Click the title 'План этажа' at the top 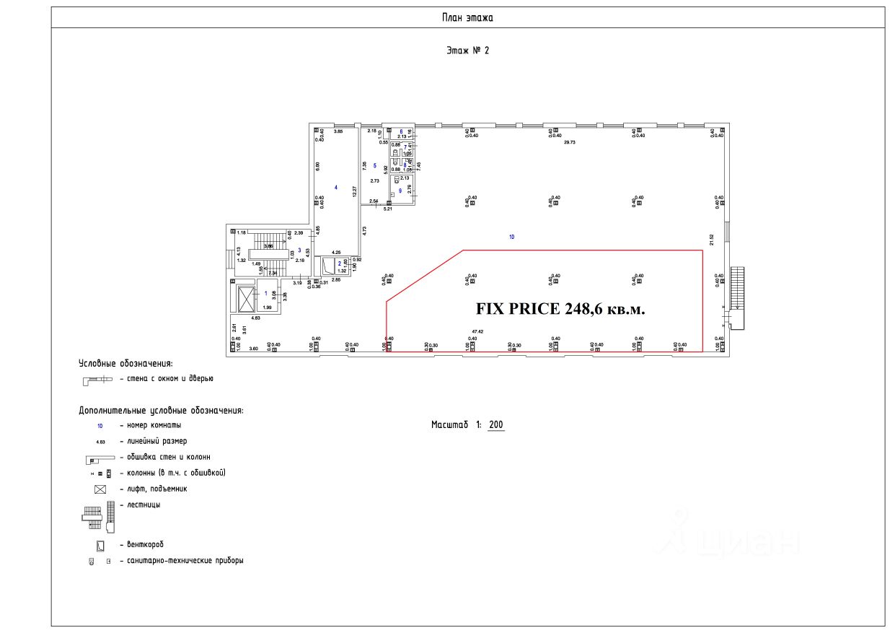point(467,18)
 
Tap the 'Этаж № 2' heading point(468,51)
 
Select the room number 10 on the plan point(511,236)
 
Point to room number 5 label point(375,167)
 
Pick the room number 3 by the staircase point(299,250)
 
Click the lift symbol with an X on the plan point(247,298)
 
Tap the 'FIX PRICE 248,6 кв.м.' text point(560,309)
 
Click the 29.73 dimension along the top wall point(570,143)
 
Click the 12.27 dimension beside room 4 point(353,192)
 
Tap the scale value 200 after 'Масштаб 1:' point(495,424)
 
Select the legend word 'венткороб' point(146,544)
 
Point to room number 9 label point(400,191)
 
